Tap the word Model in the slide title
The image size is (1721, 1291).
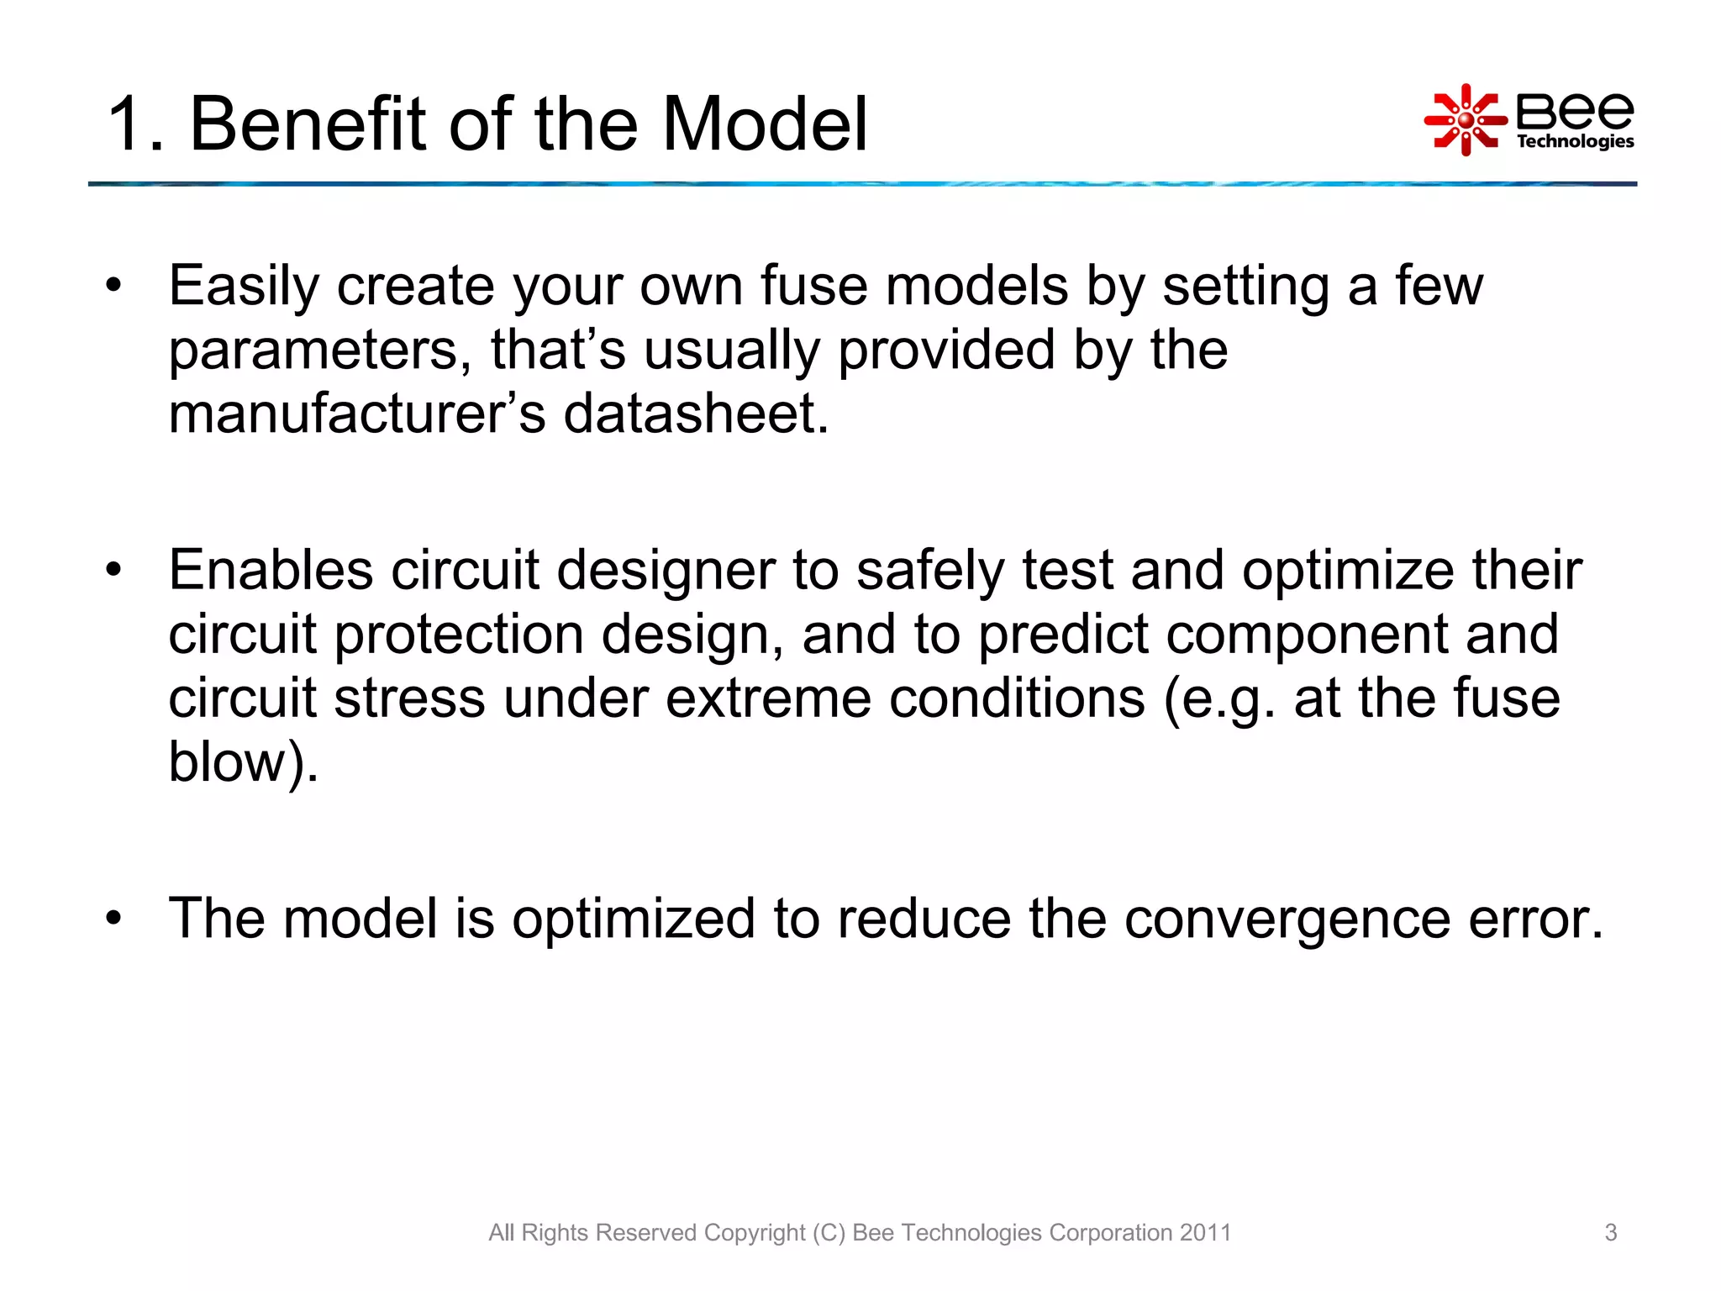coord(765,124)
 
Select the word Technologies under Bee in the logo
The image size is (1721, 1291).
coord(1575,141)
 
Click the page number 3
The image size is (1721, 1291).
coord(1610,1232)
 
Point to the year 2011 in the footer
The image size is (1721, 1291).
coord(1205,1232)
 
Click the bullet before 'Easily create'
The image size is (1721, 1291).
coord(114,285)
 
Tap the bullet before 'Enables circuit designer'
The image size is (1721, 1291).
coord(114,570)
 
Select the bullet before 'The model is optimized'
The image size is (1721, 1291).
coord(114,917)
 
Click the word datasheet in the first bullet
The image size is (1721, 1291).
coord(696,414)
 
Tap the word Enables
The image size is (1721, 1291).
coord(271,570)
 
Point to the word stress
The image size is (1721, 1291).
coord(409,698)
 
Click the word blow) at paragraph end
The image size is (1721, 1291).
coord(243,762)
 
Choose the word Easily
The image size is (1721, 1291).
coord(244,287)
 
